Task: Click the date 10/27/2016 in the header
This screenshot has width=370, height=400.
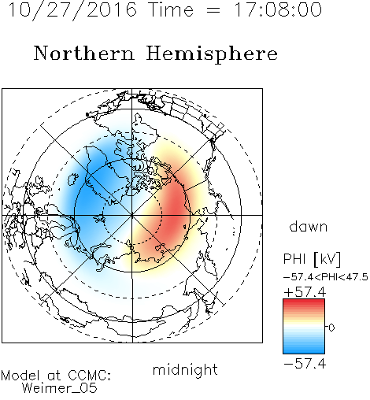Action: [72, 10]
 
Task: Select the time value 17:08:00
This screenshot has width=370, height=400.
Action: [277, 9]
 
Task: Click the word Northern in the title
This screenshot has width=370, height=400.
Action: [84, 54]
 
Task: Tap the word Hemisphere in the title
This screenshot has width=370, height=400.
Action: [212, 54]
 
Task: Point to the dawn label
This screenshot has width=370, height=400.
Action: [308, 226]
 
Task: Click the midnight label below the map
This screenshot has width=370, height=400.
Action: [185, 370]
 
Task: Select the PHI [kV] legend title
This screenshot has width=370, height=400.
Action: [312, 259]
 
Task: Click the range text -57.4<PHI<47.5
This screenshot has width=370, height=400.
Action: [326, 277]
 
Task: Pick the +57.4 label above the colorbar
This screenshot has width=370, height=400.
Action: [305, 292]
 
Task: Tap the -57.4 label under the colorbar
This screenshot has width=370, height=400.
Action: [305, 364]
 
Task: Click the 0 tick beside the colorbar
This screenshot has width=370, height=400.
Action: [331, 328]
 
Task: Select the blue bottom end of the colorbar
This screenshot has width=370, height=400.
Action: [304, 351]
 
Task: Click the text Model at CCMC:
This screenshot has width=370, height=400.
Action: [56, 376]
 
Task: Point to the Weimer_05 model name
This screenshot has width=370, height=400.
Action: [60, 388]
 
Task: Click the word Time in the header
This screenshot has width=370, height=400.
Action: [171, 9]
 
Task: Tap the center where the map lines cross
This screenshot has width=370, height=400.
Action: [132, 215]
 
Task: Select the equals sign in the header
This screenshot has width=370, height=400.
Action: [213, 10]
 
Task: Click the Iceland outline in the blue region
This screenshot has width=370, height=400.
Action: [73, 179]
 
